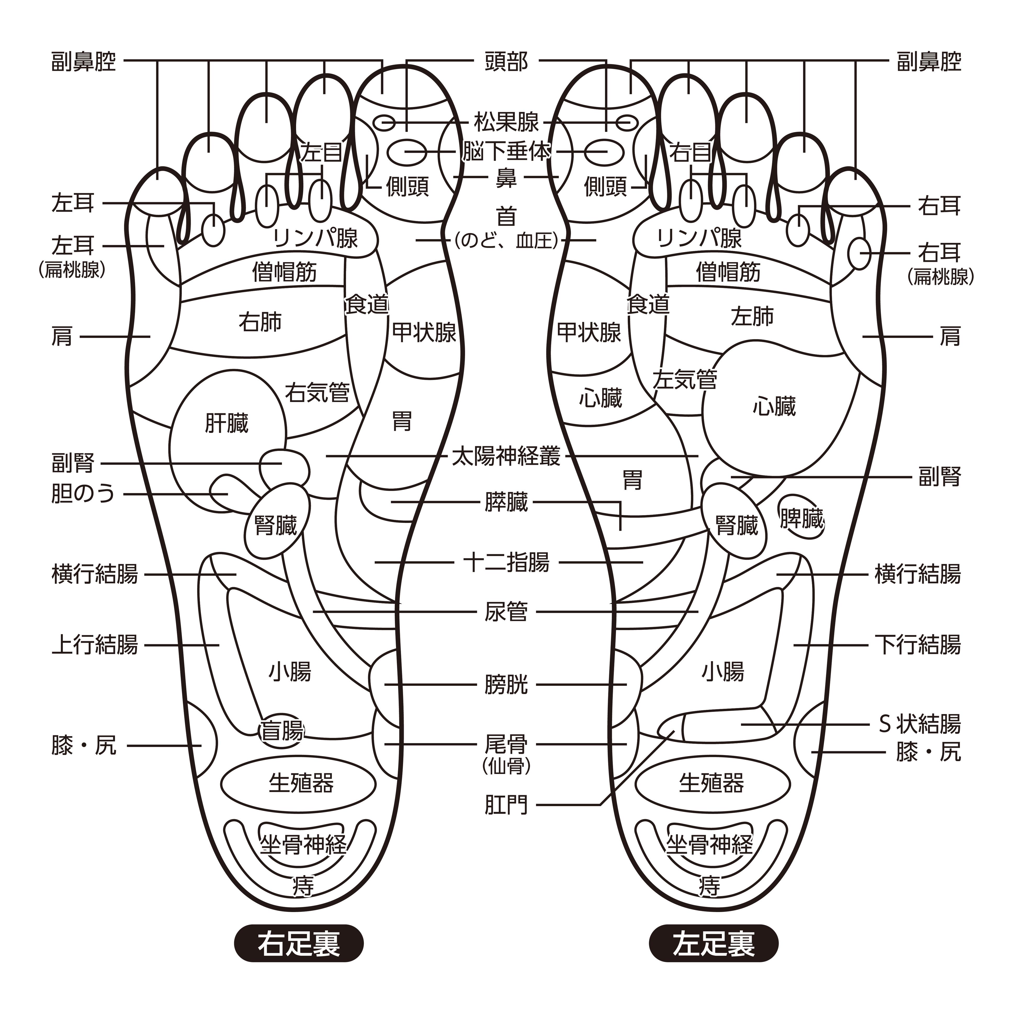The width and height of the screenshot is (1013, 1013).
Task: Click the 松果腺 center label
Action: (506, 122)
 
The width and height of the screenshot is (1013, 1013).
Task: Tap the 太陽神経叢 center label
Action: (506, 457)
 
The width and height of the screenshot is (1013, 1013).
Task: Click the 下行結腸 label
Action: (918, 645)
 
